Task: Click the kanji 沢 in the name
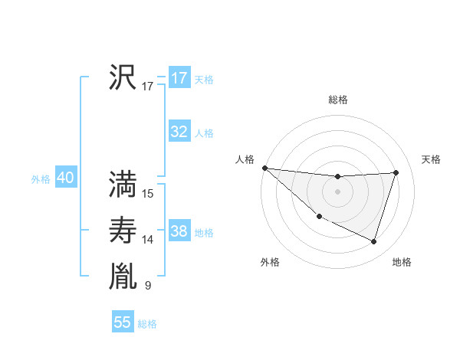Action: [x=123, y=77]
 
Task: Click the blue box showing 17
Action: [x=179, y=78]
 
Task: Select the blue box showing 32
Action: [x=179, y=132]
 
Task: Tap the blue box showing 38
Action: [x=179, y=231]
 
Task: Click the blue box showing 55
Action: [x=123, y=322]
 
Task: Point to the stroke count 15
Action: [x=148, y=194]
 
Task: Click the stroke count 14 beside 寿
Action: [x=148, y=240]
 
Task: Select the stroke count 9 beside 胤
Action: [x=148, y=286]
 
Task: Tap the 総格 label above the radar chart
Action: [x=338, y=100]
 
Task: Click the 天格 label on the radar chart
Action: [x=431, y=159]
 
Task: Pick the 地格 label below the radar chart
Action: [x=402, y=262]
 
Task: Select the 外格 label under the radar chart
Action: [x=270, y=262]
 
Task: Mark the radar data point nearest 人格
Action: [x=264, y=168]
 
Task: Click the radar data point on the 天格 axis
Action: [x=396, y=172]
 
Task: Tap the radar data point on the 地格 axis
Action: [x=373, y=241]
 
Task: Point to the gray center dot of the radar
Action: [x=337, y=191]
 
